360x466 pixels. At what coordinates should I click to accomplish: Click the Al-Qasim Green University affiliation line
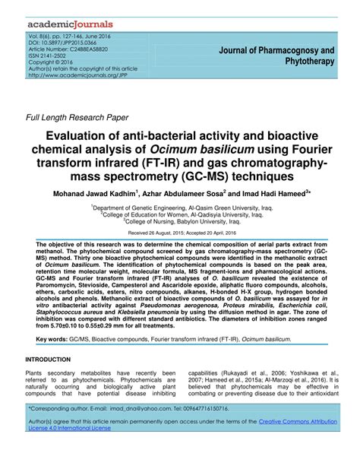coord(180,207)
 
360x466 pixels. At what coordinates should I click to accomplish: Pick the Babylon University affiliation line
coord(180,220)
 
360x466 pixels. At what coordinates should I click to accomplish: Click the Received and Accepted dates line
coord(180,233)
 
